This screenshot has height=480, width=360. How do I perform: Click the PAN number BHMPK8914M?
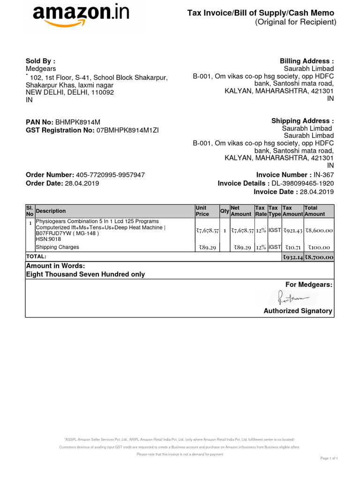pyautogui.click(x=78, y=122)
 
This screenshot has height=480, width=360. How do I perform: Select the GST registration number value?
pyautogui.click(x=127, y=130)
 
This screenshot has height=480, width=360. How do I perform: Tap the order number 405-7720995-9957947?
pyautogui.click(x=110, y=175)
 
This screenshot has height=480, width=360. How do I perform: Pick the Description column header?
pyautogui.click(x=51, y=211)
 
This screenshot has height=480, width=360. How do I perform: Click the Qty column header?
pyautogui.click(x=225, y=211)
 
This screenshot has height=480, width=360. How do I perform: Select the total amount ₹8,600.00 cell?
pyautogui.click(x=319, y=231)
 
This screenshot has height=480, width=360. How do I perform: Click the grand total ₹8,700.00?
pyautogui.click(x=319, y=257)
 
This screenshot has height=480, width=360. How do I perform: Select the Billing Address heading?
pyautogui.click(x=307, y=61)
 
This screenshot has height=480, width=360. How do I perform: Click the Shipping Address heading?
pyautogui.click(x=302, y=121)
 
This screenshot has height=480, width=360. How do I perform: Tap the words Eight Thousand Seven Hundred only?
pyautogui.click(x=85, y=274)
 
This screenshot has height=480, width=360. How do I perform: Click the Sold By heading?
pyautogui.click(x=40, y=61)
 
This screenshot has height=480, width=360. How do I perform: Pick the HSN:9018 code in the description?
pyautogui.click(x=48, y=239)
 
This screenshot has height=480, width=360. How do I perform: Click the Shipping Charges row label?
pyautogui.click(x=58, y=247)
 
